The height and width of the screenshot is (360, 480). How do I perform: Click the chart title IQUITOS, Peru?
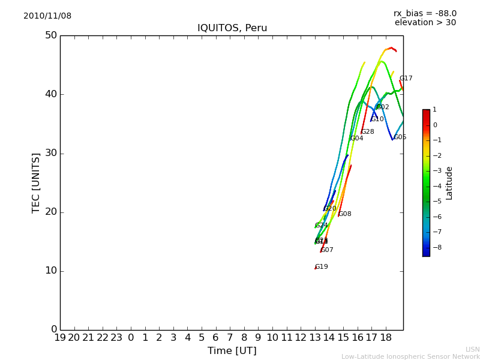click(x=232, y=28)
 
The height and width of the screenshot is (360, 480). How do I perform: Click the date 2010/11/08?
click(x=47, y=16)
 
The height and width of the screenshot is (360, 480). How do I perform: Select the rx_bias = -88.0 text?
click(x=425, y=13)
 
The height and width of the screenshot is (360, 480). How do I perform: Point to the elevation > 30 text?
click(x=425, y=23)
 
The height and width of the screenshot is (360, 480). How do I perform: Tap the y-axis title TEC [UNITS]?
click(x=36, y=182)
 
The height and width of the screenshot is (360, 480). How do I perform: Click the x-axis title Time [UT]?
click(x=232, y=350)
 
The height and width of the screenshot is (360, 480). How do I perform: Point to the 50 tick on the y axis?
click(x=50, y=35)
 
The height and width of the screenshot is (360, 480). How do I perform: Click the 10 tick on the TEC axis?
click(x=50, y=271)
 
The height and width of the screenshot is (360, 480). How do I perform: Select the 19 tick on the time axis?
click(x=60, y=338)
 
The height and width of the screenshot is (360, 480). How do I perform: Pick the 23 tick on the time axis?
click(x=116, y=338)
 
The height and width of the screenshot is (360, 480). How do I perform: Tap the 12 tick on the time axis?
click(x=301, y=338)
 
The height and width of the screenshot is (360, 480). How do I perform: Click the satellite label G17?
click(x=406, y=79)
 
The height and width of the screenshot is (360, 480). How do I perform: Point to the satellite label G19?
click(x=322, y=267)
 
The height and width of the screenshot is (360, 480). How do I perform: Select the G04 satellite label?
click(x=357, y=139)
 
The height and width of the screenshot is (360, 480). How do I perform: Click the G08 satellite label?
click(x=345, y=214)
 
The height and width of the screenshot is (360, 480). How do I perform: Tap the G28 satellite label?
click(x=368, y=132)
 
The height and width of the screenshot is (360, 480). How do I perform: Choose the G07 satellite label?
click(x=327, y=250)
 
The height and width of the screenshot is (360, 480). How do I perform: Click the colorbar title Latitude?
click(x=449, y=183)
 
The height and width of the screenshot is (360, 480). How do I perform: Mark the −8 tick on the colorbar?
click(x=435, y=247)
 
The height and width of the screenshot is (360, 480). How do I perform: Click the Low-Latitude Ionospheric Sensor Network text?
click(x=410, y=356)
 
